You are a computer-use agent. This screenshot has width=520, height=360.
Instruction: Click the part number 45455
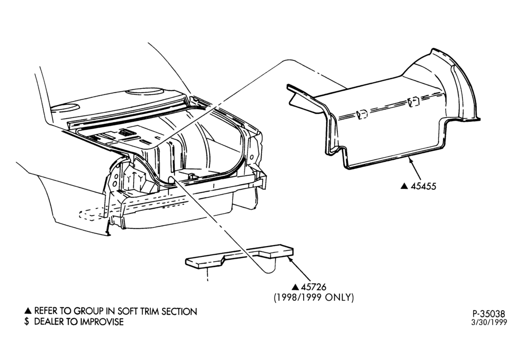tap(423, 186)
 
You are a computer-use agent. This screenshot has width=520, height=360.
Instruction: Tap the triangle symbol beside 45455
tap(404, 186)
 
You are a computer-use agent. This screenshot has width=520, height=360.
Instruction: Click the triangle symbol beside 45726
tap(295, 287)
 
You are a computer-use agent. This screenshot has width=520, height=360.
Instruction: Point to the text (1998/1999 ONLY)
tap(314, 297)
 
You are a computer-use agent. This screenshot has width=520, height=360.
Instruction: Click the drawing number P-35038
tap(489, 314)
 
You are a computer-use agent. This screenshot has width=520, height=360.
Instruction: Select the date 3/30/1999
tap(489, 323)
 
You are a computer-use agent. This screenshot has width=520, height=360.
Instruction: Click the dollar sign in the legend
tap(27, 322)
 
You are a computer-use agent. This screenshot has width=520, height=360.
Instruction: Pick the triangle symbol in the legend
tap(28, 311)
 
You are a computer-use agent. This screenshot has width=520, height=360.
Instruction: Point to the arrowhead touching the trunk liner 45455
tap(411, 161)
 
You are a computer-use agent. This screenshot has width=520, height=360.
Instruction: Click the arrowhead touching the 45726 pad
tap(291, 259)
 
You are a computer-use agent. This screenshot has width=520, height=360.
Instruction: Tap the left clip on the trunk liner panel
tap(362, 114)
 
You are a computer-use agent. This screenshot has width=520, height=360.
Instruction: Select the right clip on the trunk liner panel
tap(414, 101)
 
